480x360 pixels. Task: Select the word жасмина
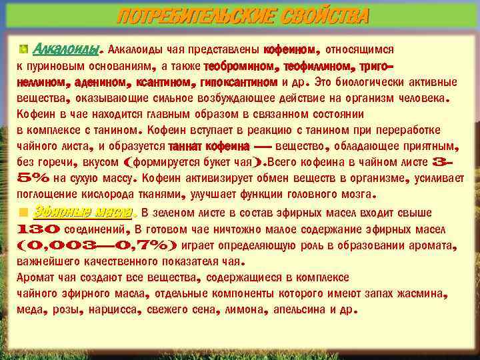pyautogui.click(x=422, y=294)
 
